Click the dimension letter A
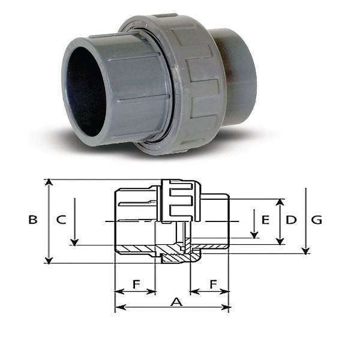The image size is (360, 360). click(x=176, y=302)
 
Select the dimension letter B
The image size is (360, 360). click(x=33, y=220)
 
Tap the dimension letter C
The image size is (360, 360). click(x=61, y=220)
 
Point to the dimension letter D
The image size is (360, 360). click(x=291, y=220)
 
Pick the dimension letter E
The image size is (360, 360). click(x=265, y=220)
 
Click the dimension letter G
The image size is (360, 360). click(x=316, y=220)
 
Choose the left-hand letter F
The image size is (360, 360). click(x=136, y=284)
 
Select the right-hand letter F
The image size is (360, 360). click(x=214, y=284)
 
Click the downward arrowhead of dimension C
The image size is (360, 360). click(x=74, y=242)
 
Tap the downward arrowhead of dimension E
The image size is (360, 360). click(x=254, y=235)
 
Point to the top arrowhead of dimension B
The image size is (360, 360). click(x=49, y=182)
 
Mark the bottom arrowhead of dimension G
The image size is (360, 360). click(x=305, y=251)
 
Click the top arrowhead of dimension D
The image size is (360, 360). click(x=280, y=202)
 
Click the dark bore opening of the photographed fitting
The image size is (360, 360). click(x=86, y=92)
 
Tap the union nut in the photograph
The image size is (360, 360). click(x=175, y=85)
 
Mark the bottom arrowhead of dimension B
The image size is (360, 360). click(x=49, y=260)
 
